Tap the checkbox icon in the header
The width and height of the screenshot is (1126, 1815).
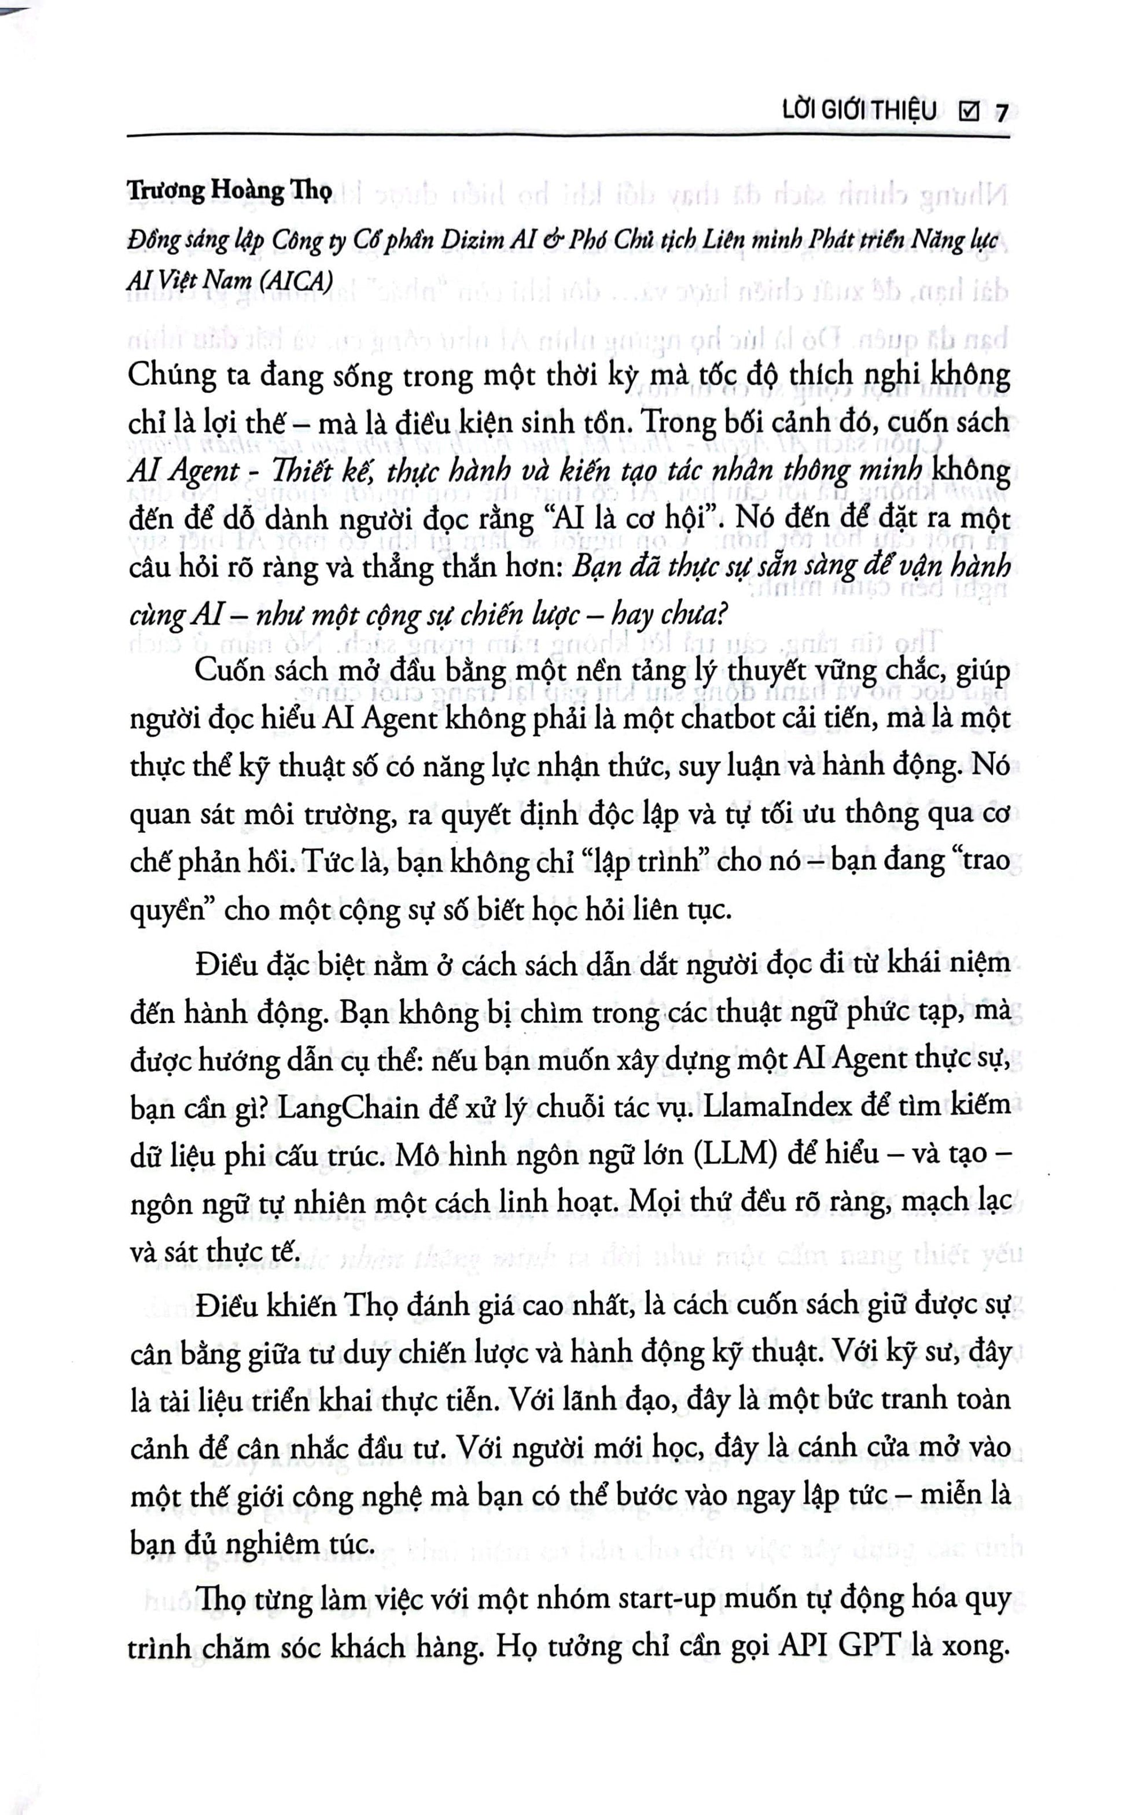coord(969,112)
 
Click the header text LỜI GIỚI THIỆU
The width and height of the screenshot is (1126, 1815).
coord(859,112)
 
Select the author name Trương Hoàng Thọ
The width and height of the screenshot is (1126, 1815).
coord(229,191)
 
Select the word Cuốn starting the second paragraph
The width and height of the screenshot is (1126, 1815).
coord(227,670)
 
